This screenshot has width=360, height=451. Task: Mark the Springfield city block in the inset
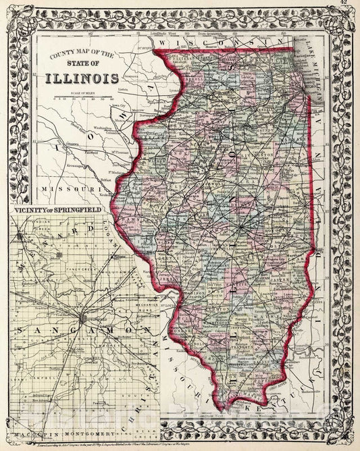[82, 317]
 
